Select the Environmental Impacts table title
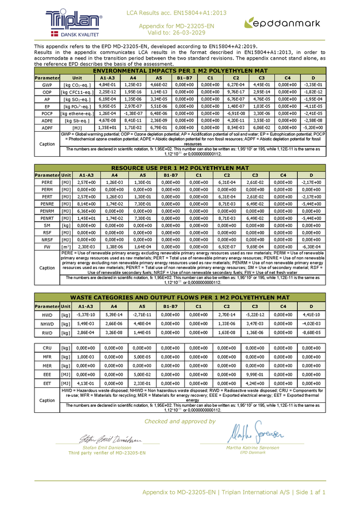pos(180,71)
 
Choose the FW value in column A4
pos(114,247)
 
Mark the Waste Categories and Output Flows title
pos(180,297)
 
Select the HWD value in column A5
pos(142,314)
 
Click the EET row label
pos(47,383)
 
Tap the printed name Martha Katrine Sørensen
pos(252,447)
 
